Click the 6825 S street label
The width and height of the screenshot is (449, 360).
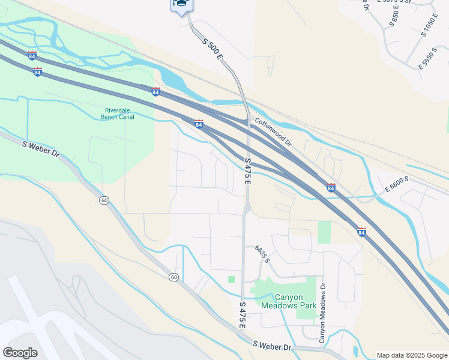point(262,254)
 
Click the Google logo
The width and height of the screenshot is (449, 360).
point(20,353)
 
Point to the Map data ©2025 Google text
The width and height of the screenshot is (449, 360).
point(412,355)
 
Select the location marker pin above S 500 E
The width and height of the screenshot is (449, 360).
point(182,5)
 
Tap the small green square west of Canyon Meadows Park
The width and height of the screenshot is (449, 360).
point(232,279)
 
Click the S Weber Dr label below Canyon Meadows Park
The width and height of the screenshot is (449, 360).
point(271,346)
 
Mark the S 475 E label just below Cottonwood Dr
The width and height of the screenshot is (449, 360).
point(247,171)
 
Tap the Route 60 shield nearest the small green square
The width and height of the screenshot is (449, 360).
point(173,277)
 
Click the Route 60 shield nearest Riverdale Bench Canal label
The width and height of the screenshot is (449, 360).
point(104,199)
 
